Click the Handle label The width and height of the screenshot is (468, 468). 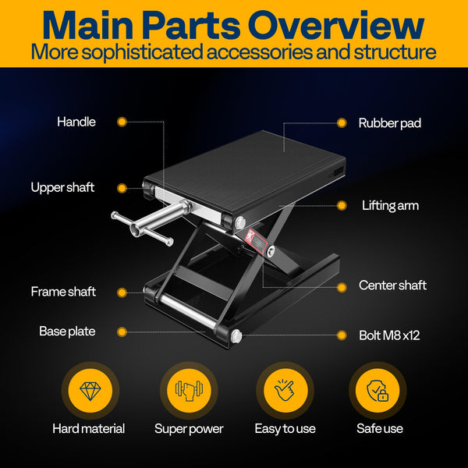click(76, 122)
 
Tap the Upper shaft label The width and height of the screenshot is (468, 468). click(62, 187)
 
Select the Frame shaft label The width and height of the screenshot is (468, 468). click(63, 292)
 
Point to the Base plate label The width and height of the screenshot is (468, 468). click(67, 331)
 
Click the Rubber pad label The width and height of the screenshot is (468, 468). click(389, 123)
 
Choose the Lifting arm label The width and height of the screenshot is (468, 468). click(390, 206)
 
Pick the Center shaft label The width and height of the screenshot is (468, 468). click(392, 285)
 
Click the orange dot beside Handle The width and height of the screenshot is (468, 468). click(122, 122)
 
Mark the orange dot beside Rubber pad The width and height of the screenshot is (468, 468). click(341, 122)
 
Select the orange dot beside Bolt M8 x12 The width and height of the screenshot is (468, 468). click(341, 335)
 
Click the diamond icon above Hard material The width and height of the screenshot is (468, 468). click(88, 389)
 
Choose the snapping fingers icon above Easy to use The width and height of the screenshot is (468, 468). click(284, 389)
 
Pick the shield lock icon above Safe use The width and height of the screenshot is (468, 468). click(378, 389)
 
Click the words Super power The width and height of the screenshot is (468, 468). click(189, 429)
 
